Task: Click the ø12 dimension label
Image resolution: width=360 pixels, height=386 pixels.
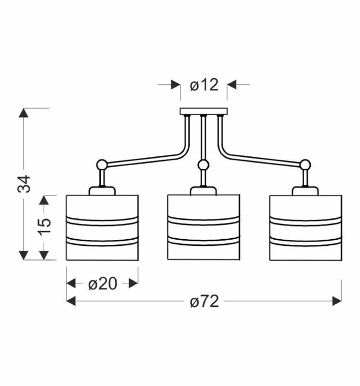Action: [204, 85]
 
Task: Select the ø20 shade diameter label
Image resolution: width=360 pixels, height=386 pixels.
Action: [103, 284]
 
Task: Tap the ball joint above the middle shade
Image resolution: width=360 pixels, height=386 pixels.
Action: [204, 165]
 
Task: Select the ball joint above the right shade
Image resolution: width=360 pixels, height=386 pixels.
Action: [306, 165]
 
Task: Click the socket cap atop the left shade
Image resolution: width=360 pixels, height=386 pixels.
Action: [102, 191]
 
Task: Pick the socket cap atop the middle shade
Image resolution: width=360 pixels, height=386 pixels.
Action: [204, 191]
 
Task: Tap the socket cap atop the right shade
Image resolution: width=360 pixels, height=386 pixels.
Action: [306, 191]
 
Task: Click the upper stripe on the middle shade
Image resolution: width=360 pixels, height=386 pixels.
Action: [203, 221]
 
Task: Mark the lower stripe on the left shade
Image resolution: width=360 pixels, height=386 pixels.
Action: [102, 241]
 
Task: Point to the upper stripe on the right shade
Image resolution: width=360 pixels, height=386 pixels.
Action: [305, 221]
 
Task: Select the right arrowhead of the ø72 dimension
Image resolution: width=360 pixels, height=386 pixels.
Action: [337, 301]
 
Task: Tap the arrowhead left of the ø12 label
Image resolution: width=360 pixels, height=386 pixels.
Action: [176, 85]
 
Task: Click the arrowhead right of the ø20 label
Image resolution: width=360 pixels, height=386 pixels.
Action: [134, 283]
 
